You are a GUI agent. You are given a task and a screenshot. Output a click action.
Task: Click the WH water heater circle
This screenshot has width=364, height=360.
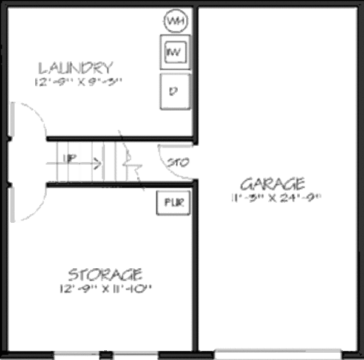tap(175, 22)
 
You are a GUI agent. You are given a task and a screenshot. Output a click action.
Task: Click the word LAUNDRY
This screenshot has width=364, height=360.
tap(75, 67)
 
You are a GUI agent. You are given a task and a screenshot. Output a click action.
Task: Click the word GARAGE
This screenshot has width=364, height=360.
tap(272, 183)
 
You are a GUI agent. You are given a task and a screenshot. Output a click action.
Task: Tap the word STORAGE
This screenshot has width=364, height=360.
tap(106, 275)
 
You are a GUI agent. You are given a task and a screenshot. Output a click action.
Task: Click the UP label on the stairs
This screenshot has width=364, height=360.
tap(69, 160)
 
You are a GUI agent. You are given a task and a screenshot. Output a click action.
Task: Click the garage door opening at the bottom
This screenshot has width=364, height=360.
tap(277, 353)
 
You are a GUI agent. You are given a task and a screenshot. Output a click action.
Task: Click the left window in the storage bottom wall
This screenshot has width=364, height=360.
tap(77, 353)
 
